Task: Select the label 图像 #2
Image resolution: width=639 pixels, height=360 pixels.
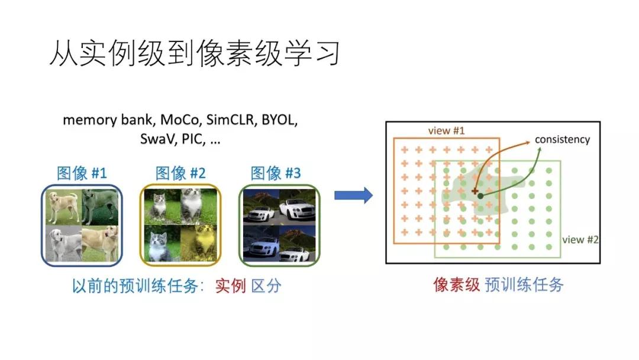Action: click(x=180, y=173)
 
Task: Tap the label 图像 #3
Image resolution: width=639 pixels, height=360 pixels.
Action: click(x=276, y=173)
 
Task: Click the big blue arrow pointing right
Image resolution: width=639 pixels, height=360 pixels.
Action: click(x=353, y=195)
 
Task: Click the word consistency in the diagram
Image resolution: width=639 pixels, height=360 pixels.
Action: click(x=562, y=140)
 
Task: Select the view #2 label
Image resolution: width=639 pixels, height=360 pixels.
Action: click(x=580, y=240)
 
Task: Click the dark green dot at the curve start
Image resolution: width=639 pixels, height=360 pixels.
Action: click(x=481, y=195)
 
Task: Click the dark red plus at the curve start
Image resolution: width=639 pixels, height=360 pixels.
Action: click(x=474, y=191)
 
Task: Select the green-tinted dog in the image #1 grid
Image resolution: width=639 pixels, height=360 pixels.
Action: click(x=100, y=207)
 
